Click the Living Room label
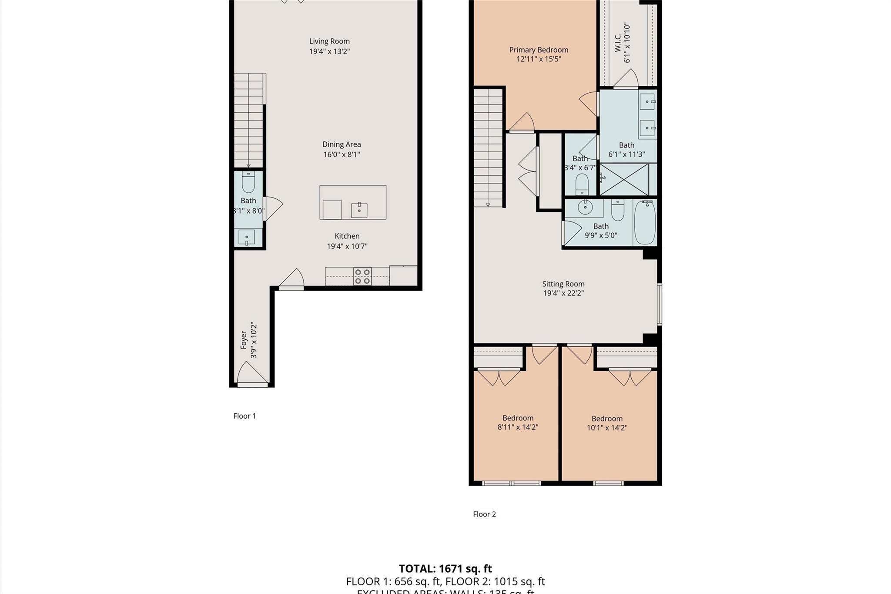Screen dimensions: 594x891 329,41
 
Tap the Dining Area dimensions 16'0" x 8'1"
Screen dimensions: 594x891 342,154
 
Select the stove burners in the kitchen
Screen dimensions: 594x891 362,277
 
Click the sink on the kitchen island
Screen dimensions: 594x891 359,210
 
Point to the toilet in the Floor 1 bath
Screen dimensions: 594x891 248,182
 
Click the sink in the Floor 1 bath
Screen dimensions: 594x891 247,238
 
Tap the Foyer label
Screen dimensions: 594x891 244,340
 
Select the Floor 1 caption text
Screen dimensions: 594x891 245,416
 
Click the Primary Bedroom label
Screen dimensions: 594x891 539,50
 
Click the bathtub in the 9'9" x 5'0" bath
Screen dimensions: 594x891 645,223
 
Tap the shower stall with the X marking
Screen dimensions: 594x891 624,179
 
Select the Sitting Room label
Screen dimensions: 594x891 563,284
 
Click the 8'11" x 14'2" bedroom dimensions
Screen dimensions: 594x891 518,427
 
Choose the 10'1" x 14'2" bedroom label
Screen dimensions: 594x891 607,419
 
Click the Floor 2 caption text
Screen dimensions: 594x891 484,514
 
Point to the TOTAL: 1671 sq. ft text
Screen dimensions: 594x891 445,569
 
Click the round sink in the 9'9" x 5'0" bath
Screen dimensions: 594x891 585,207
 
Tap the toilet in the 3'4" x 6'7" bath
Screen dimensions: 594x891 582,185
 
